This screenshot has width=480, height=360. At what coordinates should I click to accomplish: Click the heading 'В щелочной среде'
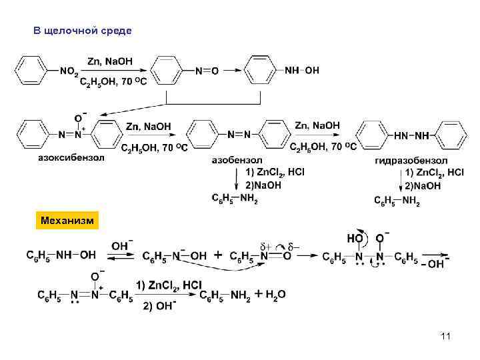coord(82,31)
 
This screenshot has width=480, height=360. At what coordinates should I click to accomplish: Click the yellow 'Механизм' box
coord(67,220)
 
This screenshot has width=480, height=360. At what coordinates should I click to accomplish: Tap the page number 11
coord(445,336)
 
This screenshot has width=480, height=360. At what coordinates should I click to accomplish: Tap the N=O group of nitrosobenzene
coord(206,71)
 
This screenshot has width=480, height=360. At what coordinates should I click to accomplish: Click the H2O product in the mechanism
coord(276,294)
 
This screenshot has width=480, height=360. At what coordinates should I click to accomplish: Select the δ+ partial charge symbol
coord(265,245)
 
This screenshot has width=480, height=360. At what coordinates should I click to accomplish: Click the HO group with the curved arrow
coord(355,238)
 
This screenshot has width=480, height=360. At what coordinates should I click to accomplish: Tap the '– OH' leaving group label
coord(434,264)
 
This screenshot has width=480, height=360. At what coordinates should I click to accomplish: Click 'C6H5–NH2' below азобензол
coord(235,198)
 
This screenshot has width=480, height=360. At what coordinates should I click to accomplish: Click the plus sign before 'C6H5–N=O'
coord(219,255)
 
